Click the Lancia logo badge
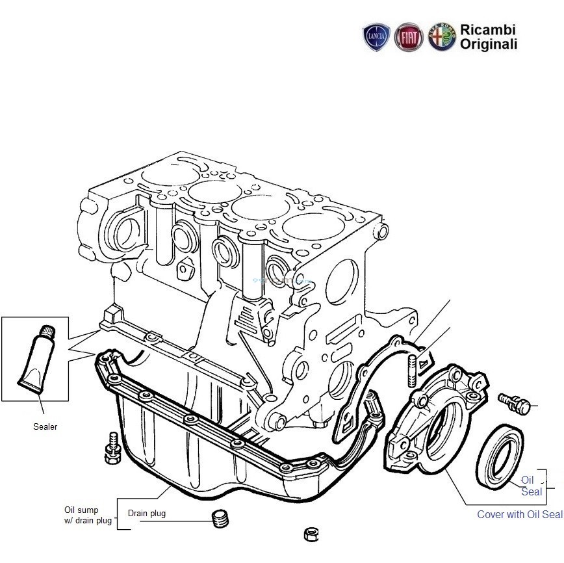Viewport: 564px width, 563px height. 377,37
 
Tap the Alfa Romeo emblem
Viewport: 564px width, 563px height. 442,37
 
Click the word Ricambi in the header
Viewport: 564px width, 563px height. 487,30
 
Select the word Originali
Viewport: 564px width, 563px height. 489,44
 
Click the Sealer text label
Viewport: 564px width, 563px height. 45,427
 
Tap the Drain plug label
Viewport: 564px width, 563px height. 146,513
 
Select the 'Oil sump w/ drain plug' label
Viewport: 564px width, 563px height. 88,515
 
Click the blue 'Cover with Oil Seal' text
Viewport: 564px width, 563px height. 519,514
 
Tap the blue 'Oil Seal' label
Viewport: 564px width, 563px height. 531,486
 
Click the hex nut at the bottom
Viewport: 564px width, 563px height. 311,535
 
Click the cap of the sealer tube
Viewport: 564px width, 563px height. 47,331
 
